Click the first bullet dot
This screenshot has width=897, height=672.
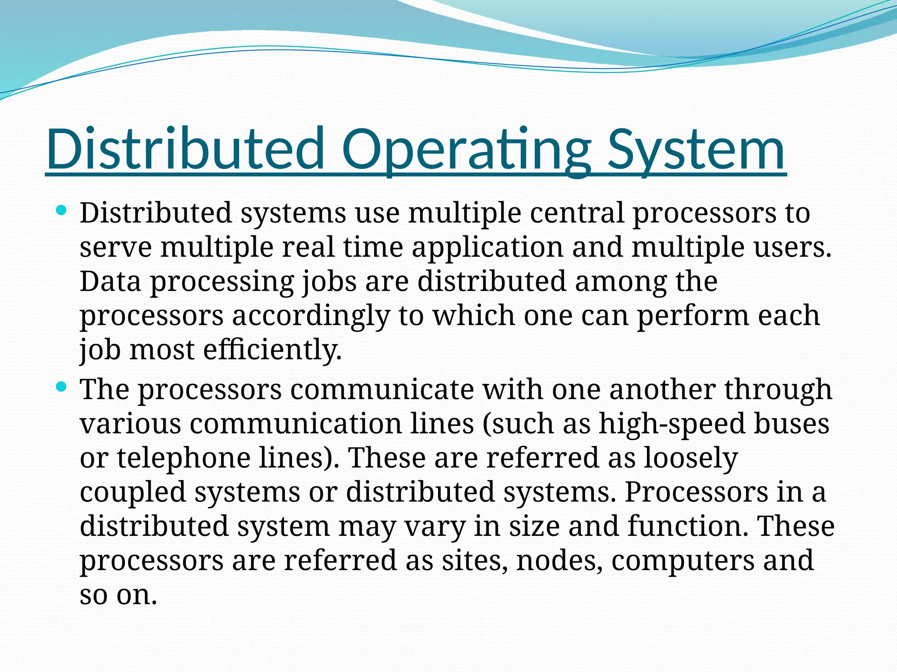61,211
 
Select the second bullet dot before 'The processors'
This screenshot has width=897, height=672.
61,387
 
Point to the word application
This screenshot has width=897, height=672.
487,247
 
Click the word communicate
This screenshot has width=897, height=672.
382,389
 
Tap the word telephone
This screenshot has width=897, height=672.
184,458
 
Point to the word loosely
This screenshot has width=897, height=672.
691,458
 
